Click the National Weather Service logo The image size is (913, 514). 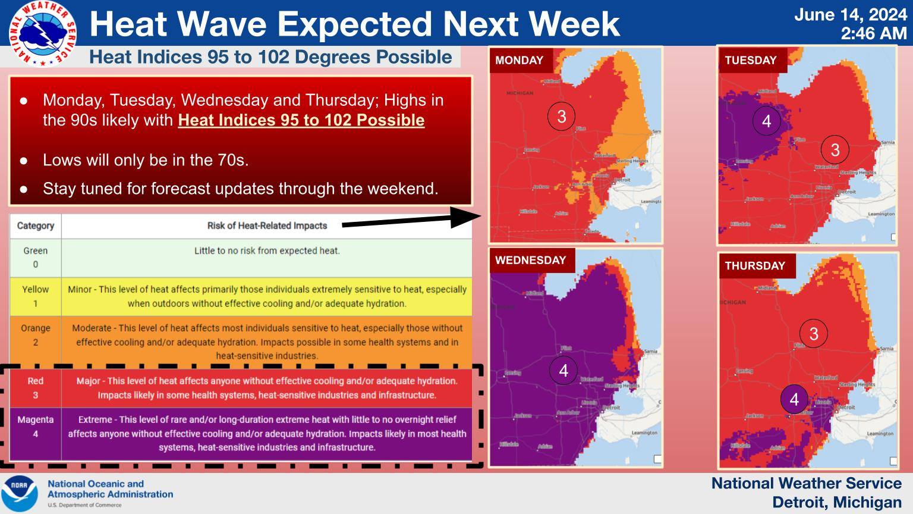click(x=42, y=33)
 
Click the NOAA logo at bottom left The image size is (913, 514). click(x=19, y=494)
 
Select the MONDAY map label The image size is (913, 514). click(x=520, y=60)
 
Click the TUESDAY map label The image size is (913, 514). click(x=751, y=60)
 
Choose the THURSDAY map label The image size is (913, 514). click(x=755, y=265)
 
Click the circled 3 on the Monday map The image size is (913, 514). click(x=562, y=115)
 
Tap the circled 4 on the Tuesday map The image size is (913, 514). click(x=766, y=121)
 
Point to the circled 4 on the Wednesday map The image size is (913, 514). click(x=563, y=371)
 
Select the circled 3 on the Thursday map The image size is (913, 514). click(x=814, y=333)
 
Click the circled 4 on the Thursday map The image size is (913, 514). click(x=794, y=399)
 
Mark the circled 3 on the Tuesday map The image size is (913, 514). click(x=835, y=149)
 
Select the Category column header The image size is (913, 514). click(x=36, y=226)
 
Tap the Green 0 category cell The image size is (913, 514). click(x=36, y=258)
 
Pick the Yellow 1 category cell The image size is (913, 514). click(x=36, y=296)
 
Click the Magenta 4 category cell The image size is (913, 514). click(x=36, y=427)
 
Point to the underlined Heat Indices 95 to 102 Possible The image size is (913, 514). click(x=301, y=120)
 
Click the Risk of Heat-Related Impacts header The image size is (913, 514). click(x=267, y=226)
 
